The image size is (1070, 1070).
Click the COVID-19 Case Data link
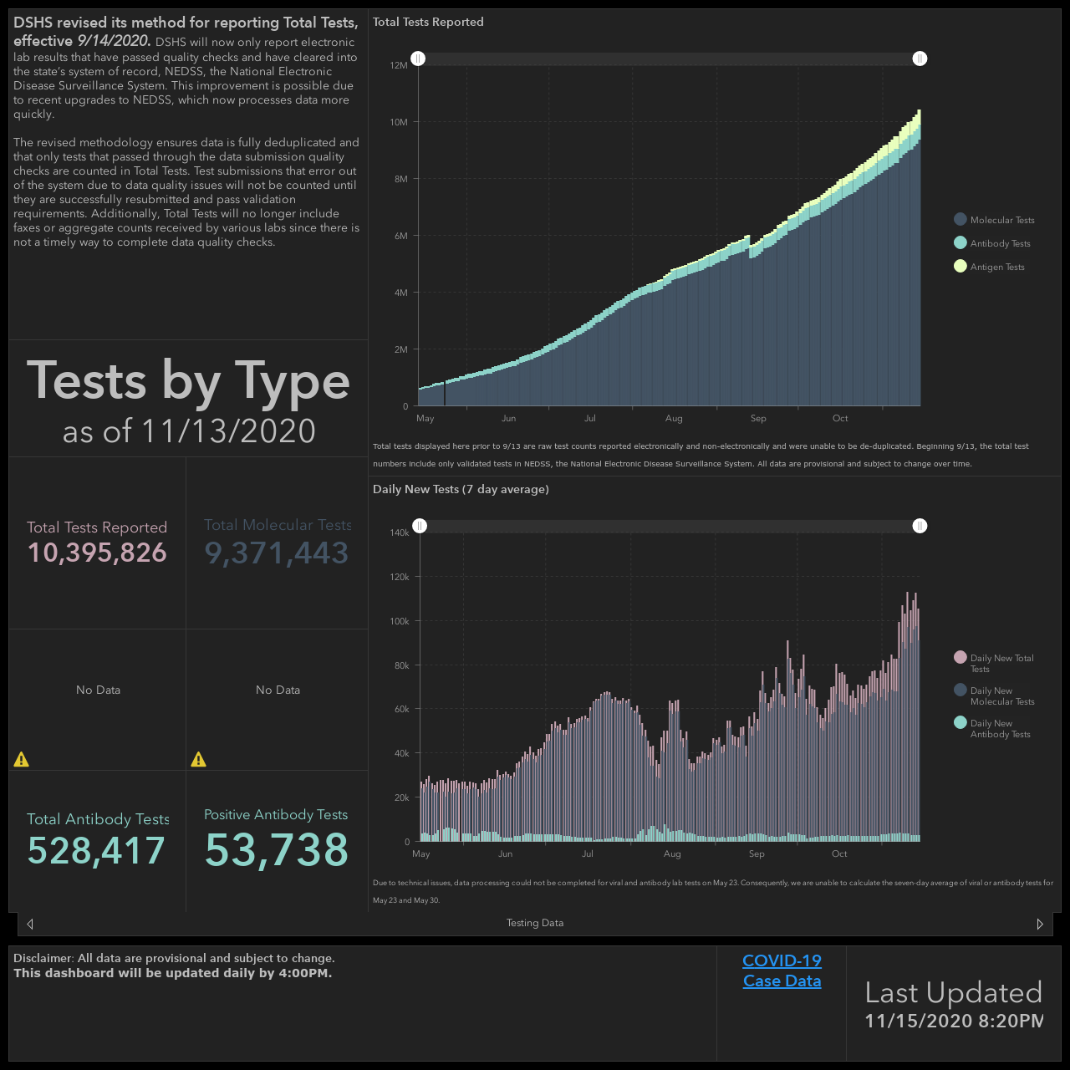[x=782, y=971]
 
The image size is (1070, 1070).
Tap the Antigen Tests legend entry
[x=989, y=267]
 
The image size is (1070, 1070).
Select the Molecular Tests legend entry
[x=994, y=220]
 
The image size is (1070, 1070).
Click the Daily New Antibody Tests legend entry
[x=992, y=728]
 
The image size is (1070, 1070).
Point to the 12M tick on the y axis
[x=399, y=65]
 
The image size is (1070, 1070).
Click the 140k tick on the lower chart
[x=400, y=532]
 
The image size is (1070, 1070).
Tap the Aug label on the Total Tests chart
[x=674, y=418]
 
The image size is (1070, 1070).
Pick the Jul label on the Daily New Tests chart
[x=588, y=853]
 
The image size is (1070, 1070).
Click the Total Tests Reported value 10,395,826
[x=97, y=553]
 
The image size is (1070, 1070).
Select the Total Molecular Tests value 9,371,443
[x=277, y=553]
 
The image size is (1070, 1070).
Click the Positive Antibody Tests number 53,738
[x=277, y=849]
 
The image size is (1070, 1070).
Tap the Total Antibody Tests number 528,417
[x=96, y=850]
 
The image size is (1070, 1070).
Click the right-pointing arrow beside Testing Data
[x=1039, y=924]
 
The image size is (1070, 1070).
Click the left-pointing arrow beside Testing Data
[x=30, y=924]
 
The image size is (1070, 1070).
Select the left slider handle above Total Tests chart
[x=418, y=59]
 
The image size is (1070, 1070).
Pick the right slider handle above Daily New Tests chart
[x=920, y=526]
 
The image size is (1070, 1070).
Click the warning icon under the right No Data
[x=198, y=759]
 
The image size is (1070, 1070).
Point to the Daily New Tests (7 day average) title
[x=461, y=489]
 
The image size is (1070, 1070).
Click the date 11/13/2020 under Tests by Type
[x=229, y=431]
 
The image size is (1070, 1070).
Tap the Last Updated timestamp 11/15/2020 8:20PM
[x=954, y=1021]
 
